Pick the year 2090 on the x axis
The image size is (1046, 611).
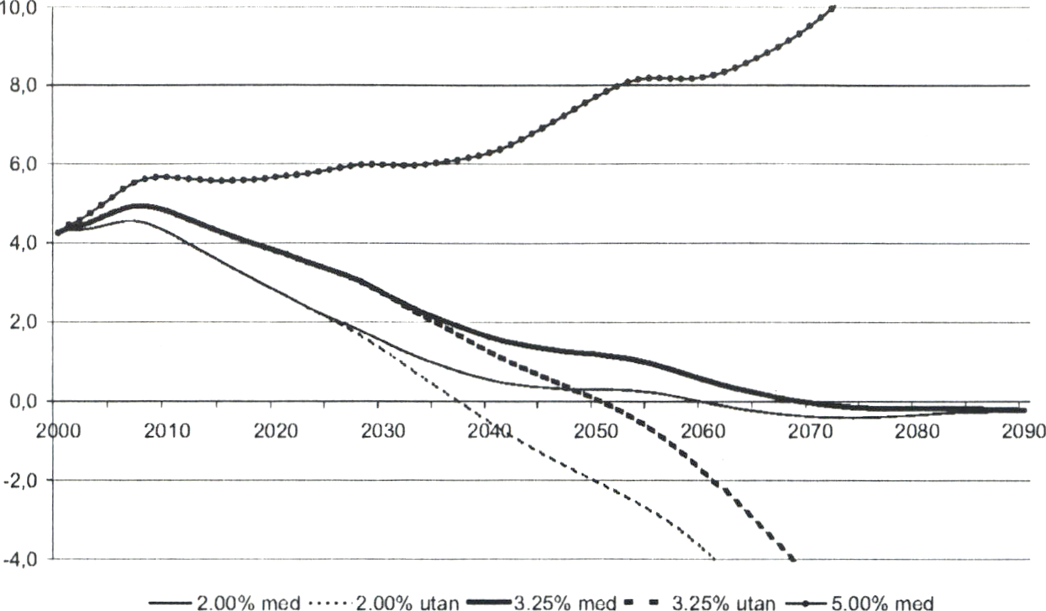(x=1024, y=431)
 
